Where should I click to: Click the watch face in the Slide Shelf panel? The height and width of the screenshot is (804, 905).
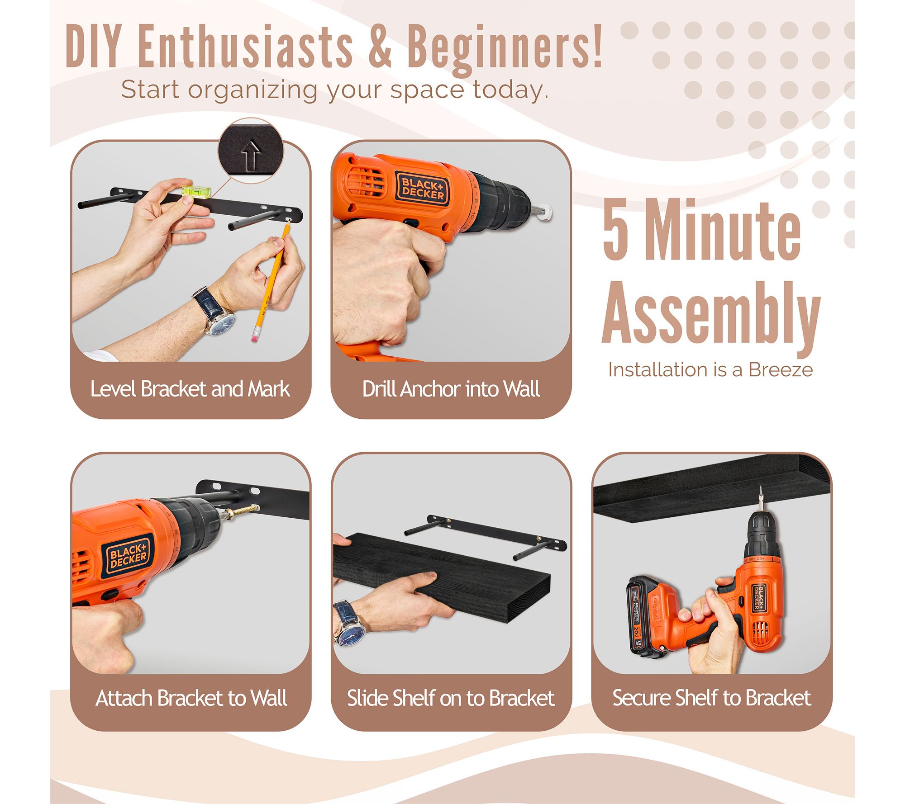click(x=349, y=634)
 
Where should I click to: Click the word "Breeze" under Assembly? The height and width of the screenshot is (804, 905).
click(x=781, y=370)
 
